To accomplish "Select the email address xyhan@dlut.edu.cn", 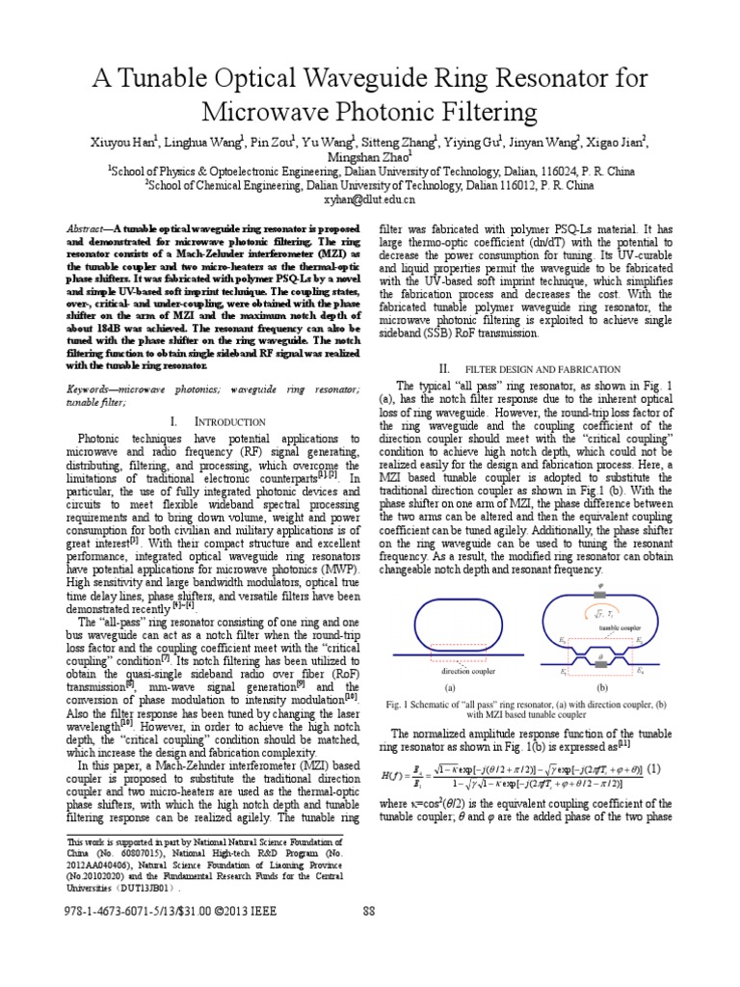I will coord(369,200).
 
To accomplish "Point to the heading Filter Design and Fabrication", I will coord(542,368).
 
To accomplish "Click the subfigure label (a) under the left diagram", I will coord(450,689).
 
